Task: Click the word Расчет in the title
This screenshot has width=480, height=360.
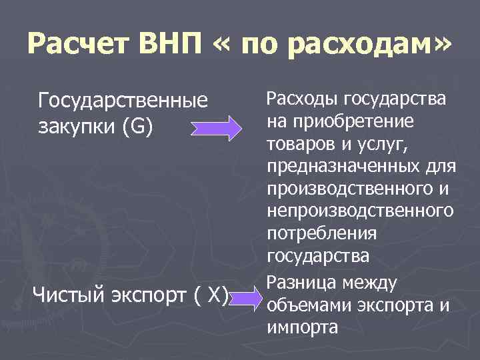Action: coord(79,45)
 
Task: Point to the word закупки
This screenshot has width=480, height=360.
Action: coord(77,126)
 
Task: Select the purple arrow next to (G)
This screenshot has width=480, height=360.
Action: coord(218,127)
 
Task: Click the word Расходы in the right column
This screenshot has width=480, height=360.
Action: coord(303,100)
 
